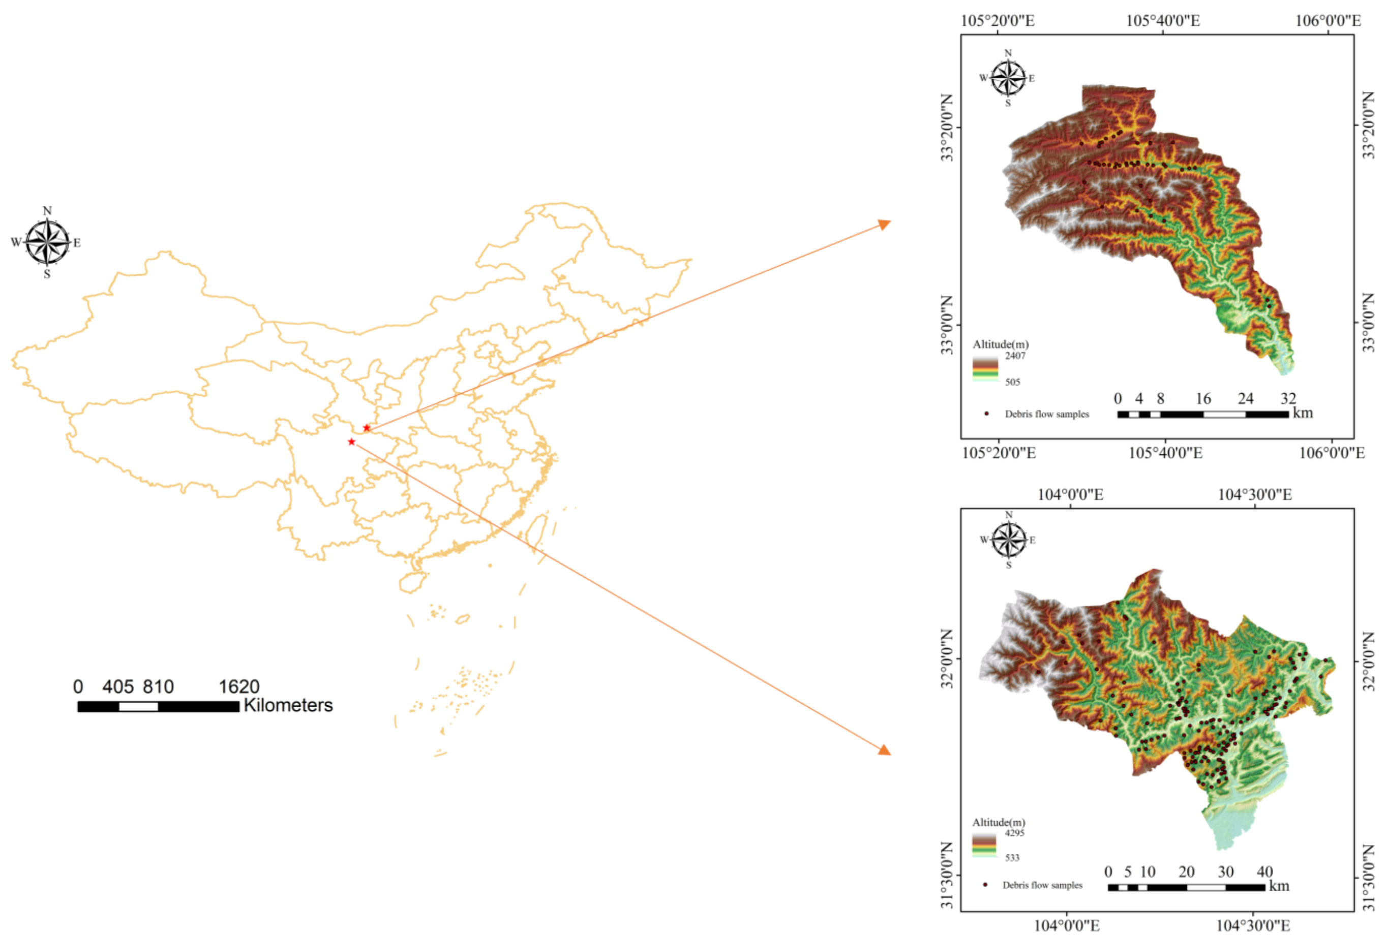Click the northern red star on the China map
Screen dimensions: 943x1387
pyautogui.click(x=367, y=428)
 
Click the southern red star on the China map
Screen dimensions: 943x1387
pyautogui.click(x=351, y=442)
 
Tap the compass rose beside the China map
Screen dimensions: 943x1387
pyautogui.click(x=48, y=242)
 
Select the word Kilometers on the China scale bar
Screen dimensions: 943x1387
pyautogui.click(x=288, y=705)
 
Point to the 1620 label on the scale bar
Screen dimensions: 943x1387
pyautogui.click(x=239, y=686)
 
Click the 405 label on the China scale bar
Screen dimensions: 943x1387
pyautogui.click(x=117, y=686)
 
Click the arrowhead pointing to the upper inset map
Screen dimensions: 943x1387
pyautogui.click(x=885, y=224)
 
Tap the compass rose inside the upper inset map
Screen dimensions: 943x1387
pyautogui.click(x=1008, y=78)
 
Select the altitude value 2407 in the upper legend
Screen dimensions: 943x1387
pyautogui.click(x=1015, y=356)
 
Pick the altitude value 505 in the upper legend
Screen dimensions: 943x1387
pyautogui.click(x=1013, y=382)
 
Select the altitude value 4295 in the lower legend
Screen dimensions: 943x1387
pyautogui.click(x=1015, y=833)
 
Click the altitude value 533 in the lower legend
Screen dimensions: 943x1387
pyautogui.click(x=1012, y=858)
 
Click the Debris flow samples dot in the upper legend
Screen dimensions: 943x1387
pyautogui.click(x=986, y=414)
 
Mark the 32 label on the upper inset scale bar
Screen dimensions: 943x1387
pyautogui.click(x=1288, y=398)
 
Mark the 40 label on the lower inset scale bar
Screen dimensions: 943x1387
pyautogui.click(x=1264, y=871)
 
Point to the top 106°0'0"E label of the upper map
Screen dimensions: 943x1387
pyautogui.click(x=1328, y=21)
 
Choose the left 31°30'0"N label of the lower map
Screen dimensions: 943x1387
pyautogui.click(x=947, y=875)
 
